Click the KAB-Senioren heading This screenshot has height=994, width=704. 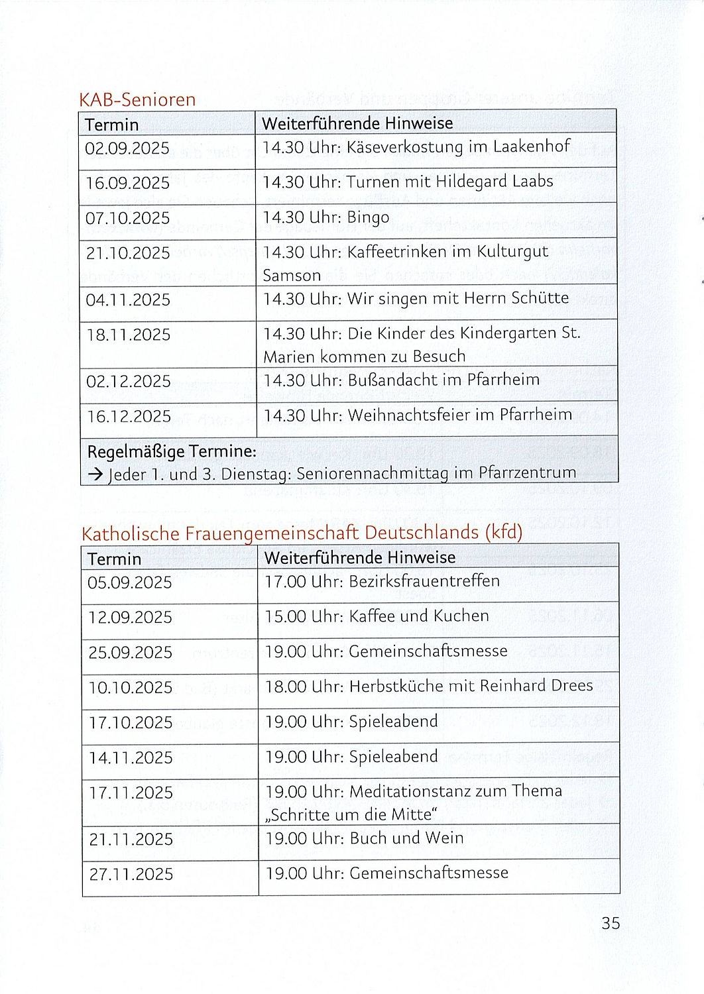pos(137,99)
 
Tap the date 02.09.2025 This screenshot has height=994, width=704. pos(127,148)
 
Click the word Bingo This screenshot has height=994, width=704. pos(368,217)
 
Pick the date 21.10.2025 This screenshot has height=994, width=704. pos(128,253)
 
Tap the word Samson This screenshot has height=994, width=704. pos(292,275)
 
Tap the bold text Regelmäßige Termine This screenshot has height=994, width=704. pos(172,452)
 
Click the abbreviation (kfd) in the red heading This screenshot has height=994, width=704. pos(504,532)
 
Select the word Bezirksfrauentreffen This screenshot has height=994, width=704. pos(424,581)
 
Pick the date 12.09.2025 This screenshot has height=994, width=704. pos(130,618)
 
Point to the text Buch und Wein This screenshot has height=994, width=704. pos(406,838)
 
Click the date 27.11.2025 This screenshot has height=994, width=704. pos(131,875)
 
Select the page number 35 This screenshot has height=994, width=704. pos(611,923)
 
